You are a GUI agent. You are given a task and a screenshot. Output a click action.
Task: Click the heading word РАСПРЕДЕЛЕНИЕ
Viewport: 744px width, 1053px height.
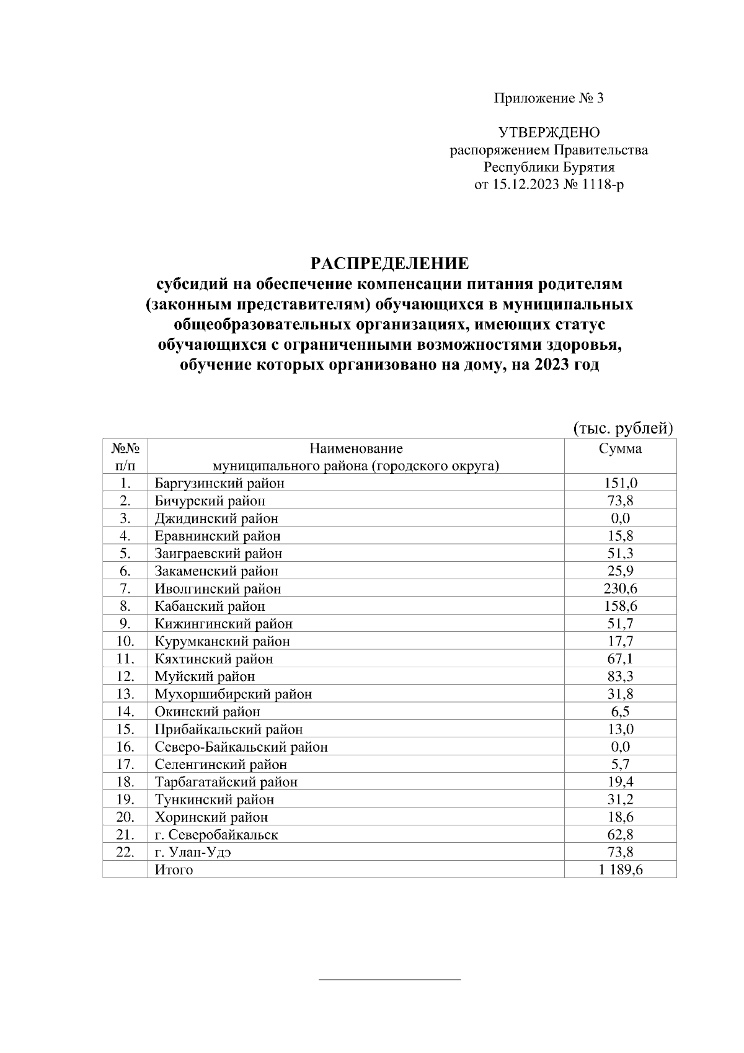(389, 264)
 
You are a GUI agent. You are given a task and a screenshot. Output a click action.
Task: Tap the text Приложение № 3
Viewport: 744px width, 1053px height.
(548, 98)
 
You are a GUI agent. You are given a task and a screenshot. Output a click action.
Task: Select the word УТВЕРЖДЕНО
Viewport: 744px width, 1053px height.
(549, 133)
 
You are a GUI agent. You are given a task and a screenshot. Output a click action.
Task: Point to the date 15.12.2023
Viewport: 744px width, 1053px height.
(525, 185)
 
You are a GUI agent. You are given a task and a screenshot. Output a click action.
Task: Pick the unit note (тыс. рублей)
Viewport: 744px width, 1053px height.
(622, 428)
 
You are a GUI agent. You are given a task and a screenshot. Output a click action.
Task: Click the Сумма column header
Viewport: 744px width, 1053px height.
(620, 448)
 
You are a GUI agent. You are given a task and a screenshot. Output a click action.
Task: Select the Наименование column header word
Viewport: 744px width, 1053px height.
(356, 448)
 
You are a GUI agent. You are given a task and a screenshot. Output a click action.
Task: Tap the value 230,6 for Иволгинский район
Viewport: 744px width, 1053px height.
(620, 589)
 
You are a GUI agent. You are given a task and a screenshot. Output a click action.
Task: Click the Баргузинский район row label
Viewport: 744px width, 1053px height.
(219, 483)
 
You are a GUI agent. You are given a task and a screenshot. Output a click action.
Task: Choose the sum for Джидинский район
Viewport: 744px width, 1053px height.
(620, 518)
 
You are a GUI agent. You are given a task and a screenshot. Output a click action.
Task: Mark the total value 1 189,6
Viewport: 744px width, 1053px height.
(620, 870)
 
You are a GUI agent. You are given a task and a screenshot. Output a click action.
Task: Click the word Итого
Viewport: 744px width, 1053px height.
(174, 870)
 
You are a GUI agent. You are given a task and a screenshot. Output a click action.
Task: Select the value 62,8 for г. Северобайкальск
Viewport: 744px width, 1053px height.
(620, 835)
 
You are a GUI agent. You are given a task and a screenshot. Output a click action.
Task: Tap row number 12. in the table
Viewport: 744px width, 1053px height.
(125, 677)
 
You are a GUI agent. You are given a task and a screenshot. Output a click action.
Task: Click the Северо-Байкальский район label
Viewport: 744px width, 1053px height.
(241, 747)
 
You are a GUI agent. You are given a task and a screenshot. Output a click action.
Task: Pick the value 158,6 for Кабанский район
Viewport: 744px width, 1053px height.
(620, 606)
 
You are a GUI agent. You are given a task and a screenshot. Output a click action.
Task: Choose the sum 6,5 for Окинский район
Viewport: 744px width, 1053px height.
(620, 712)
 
